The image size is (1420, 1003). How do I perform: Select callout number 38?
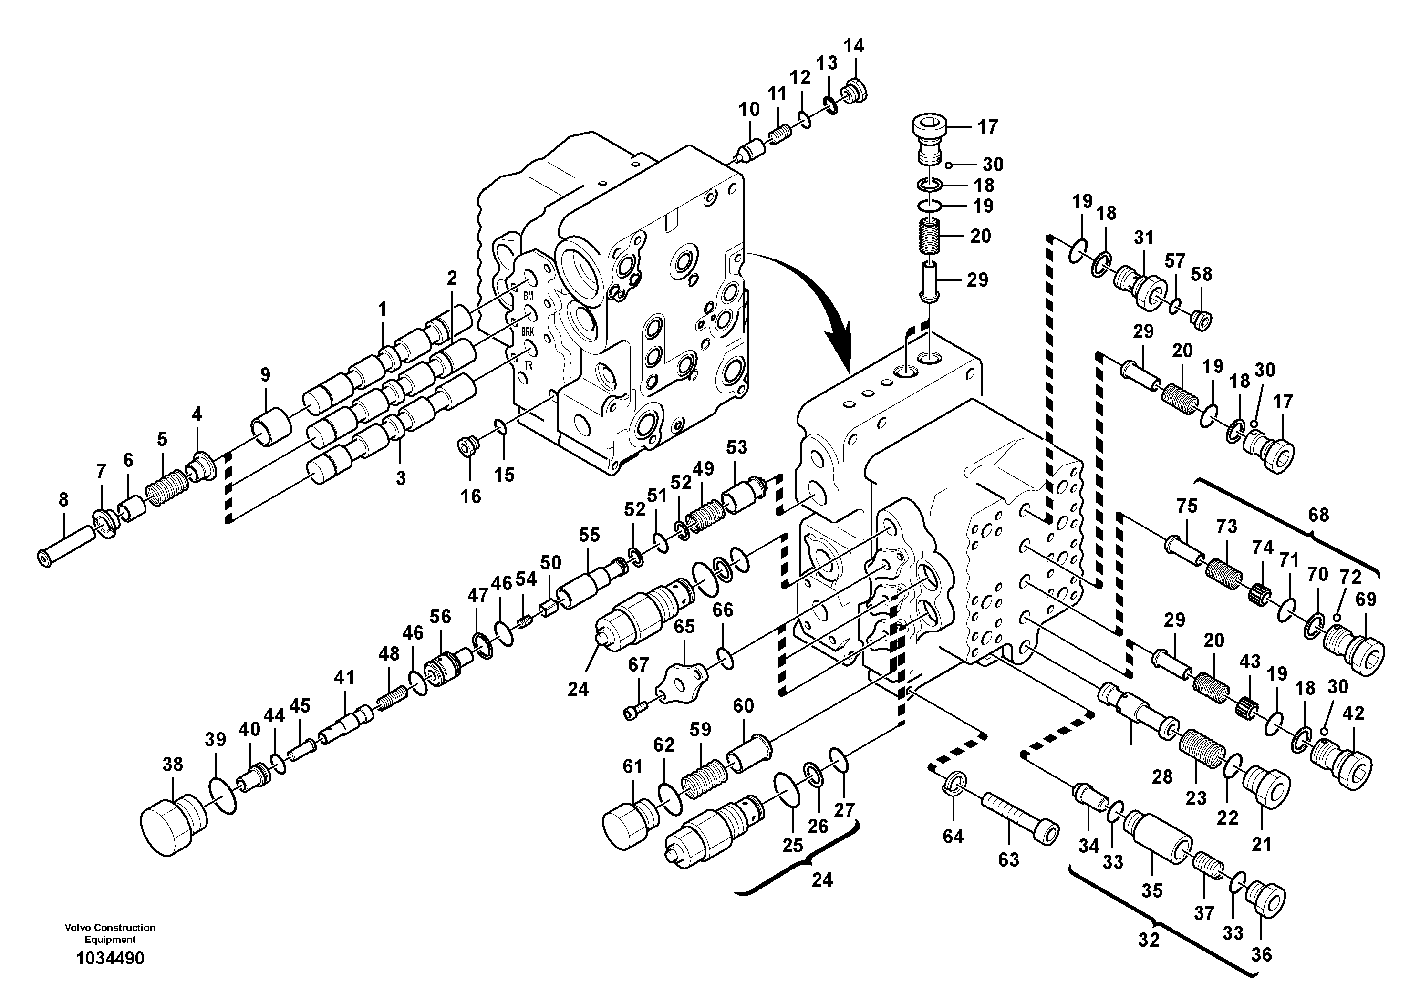click(173, 765)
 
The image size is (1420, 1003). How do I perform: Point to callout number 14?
click(854, 46)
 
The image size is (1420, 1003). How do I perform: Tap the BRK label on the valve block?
click(527, 332)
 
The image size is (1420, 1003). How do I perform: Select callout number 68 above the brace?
click(1318, 515)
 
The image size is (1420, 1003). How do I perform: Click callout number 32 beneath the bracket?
click(1149, 940)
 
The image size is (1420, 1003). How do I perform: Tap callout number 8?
click(64, 500)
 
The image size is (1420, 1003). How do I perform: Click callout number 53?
click(736, 447)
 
